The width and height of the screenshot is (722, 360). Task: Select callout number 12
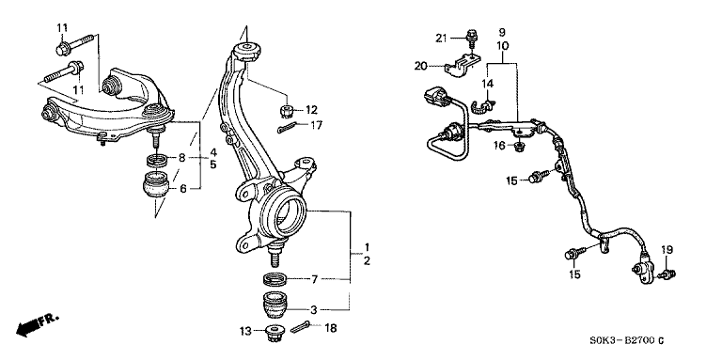click(312, 110)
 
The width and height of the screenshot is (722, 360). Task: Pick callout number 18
click(330, 328)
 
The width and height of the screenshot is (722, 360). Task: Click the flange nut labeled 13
click(277, 332)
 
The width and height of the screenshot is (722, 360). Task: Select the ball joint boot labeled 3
click(275, 305)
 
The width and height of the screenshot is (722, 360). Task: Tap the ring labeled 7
click(275, 278)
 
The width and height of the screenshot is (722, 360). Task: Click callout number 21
click(441, 39)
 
